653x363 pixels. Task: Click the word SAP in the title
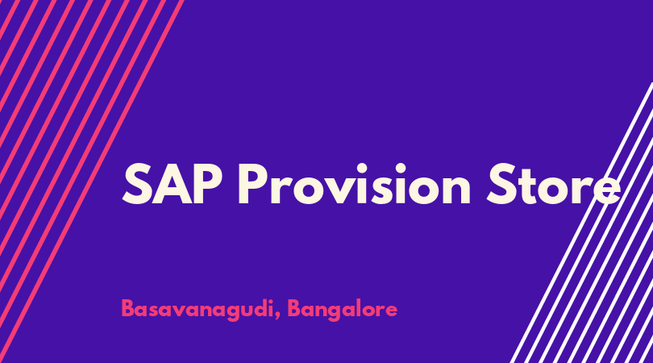pyautogui.click(x=172, y=184)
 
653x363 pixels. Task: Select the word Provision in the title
pyautogui.click(x=354, y=184)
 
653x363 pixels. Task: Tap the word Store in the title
pyautogui.click(x=554, y=184)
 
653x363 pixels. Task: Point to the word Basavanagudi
pyautogui.click(x=196, y=310)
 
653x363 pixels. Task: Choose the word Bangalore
pyautogui.click(x=343, y=310)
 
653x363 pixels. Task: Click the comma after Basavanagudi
pyautogui.click(x=277, y=315)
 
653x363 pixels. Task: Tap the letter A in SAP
pyautogui.click(x=172, y=184)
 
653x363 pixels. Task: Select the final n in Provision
pyautogui.click(x=455, y=190)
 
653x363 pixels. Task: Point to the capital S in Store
pyautogui.click(x=501, y=184)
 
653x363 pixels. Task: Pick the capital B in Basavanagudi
pyautogui.click(x=128, y=308)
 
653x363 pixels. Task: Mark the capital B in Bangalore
pyautogui.click(x=294, y=308)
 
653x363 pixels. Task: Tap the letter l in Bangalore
pyautogui.click(x=359, y=308)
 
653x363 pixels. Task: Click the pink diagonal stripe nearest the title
pyautogui.click(x=91, y=181)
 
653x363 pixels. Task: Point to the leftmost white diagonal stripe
pyautogui.click(x=581, y=223)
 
